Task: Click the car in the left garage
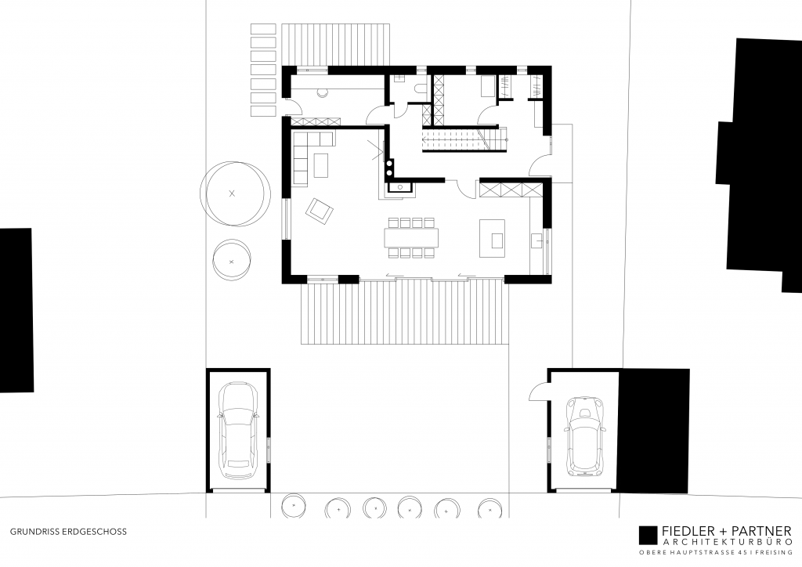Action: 239,430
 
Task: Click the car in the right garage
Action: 583,435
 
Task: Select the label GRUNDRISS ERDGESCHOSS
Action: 68,531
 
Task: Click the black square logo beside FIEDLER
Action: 648,534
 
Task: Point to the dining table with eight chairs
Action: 411,237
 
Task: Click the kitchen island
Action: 492,237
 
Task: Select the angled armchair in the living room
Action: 320,209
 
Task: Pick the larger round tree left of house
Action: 237,193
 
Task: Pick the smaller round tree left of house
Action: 231,258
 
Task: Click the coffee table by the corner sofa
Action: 321,164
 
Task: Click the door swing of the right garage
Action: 539,389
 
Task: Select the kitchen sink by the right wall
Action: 537,239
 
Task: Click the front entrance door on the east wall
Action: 540,164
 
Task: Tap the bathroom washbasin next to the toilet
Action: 399,78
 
